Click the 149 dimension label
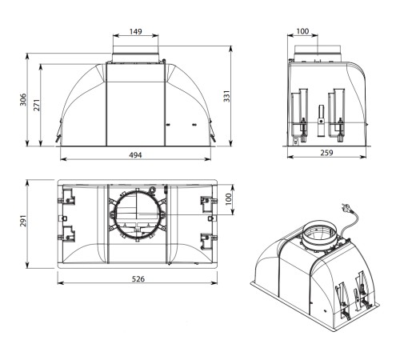[x=136, y=32]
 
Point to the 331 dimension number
[x=228, y=97]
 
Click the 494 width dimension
[x=135, y=155]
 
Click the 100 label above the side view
[x=302, y=32]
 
